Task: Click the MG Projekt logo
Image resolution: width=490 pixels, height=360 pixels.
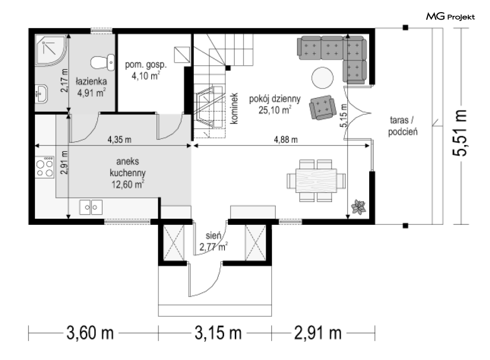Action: [x=450, y=16]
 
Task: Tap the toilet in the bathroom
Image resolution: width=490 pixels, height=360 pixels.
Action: [x=103, y=62]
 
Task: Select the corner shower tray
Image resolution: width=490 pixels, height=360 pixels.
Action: [x=51, y=50]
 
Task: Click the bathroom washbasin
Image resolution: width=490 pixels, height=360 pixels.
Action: [x=41, y=94]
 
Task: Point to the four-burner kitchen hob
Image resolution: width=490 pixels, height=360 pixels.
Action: [x=44, y=167]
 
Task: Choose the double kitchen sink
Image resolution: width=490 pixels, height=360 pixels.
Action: [x=91, y=207]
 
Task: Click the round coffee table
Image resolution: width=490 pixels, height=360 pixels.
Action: [x=322, y=78]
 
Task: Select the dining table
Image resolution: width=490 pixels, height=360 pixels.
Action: [x=316, y=181]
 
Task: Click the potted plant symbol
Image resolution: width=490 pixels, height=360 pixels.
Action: [x=359, y=207]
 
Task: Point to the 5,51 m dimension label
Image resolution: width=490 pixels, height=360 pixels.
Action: [x=460, y=133]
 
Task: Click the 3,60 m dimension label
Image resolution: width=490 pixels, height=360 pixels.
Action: [x=90, y=333]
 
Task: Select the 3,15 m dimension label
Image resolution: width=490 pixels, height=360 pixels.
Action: [x=218, y=333]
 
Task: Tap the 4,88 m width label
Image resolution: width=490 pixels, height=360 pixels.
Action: [x=286, y=139]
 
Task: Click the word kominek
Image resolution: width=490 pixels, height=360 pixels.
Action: [x=234, y=108]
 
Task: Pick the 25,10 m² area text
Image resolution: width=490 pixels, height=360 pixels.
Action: [x=275, y=110]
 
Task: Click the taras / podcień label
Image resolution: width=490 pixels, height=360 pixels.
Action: [x=403, y=126]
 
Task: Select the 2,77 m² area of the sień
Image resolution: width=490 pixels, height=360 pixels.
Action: [x=213, y=247]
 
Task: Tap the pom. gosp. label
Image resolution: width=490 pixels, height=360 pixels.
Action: [x=146, y=65]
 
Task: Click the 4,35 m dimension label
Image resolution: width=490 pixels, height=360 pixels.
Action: [x=119, y=139]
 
